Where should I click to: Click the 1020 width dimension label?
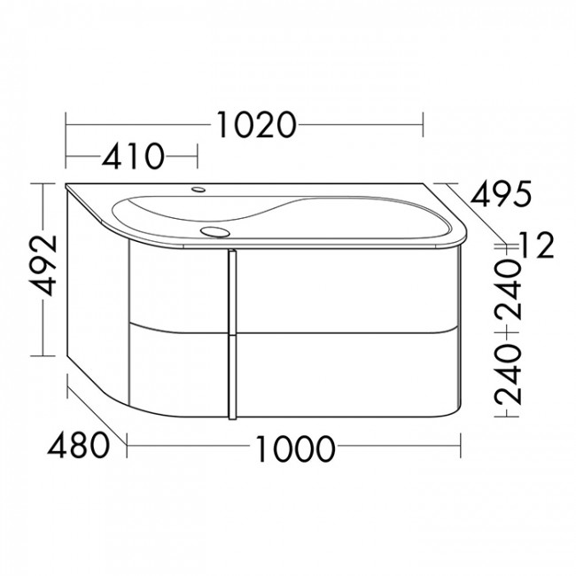click(256, 125)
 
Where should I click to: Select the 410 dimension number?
click(133, 157)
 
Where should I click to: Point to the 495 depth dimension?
click(501, 193)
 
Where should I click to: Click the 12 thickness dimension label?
click(535, 245)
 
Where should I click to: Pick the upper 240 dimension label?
click(508, 289)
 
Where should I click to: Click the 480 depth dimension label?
click(78, 445)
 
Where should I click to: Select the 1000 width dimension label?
click(294, 449)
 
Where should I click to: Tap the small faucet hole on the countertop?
click(198, 190)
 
